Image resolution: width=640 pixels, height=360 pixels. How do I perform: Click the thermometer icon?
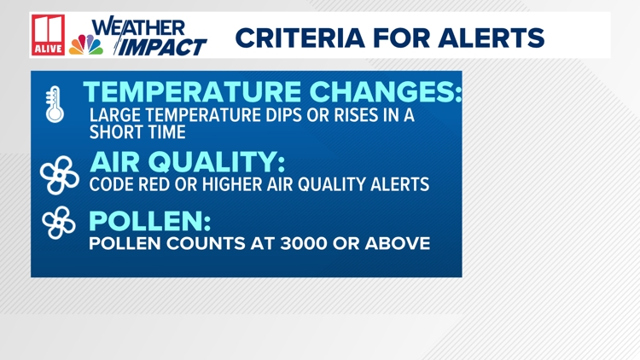(55, 105)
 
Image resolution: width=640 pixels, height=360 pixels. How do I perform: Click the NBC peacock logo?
(86, 44)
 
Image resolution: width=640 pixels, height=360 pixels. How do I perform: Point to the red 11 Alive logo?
(49, 35)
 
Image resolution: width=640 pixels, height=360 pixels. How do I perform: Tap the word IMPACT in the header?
(161, 46)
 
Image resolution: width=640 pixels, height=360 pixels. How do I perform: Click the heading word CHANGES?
(389, 91)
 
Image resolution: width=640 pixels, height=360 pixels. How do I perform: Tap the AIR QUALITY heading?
(186, 161)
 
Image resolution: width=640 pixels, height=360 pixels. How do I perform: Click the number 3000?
(317, 244)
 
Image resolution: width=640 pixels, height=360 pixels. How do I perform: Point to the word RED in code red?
(157, 183)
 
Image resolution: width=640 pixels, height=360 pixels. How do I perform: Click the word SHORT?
(114, 132)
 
